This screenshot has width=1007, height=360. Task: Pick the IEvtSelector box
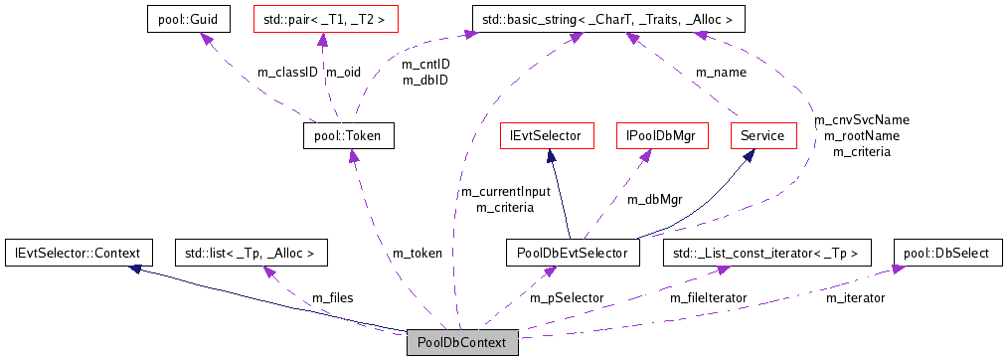click(x=546, y=135)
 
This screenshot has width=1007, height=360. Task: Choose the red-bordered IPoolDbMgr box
click(x=661, y=135)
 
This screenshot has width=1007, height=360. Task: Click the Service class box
click(x=763, y=135)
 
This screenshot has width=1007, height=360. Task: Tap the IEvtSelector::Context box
click(x=79, y=253)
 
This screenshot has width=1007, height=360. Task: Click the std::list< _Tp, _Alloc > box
click(x=251, y=253)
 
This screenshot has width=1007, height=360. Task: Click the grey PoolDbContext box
click(x=462, y=342)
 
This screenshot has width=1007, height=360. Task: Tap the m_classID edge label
click(x=287, y=72)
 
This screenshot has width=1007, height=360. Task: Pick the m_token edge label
click(x=418, y=253)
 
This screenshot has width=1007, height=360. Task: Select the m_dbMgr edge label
click(x=654, y=199)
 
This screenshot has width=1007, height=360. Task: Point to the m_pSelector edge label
click(x=566, y=297)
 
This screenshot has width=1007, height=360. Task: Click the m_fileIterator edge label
click(x=708, y=297)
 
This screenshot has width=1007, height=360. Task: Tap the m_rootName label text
click(x=861, y=135)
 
